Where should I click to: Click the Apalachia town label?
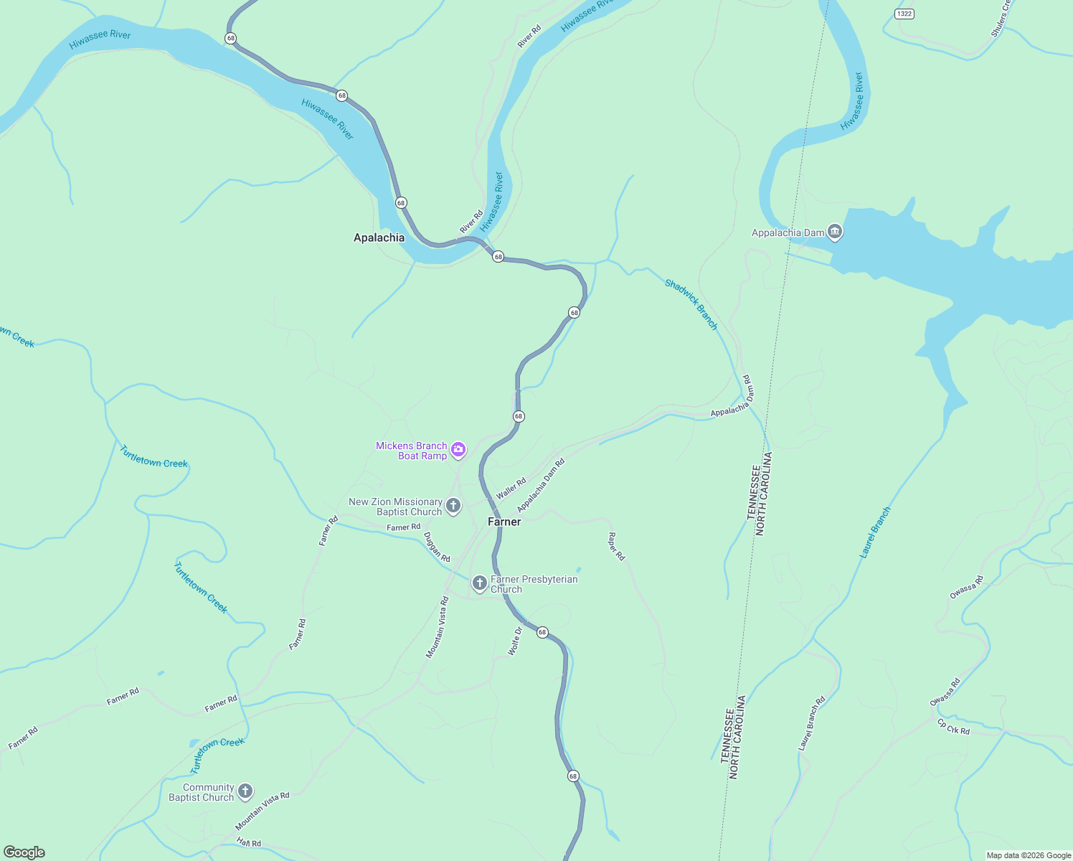point(379,237)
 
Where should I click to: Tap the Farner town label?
point(504,522)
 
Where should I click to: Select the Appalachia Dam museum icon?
point(834,232)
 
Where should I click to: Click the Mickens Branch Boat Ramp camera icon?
point(458,450)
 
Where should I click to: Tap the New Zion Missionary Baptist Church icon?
point(453,506)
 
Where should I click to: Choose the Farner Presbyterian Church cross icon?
point(479,583)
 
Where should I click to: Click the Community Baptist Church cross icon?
point(245,791)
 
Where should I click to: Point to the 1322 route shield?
point(904,14)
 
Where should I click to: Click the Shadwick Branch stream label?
point(691,304)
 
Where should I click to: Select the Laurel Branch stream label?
point(875,532)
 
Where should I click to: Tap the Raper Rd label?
point(616,546)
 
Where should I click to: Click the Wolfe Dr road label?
point(514,641)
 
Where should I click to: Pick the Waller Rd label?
point(511,489)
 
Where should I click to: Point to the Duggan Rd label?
point(436,547)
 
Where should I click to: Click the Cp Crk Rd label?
point(953,727)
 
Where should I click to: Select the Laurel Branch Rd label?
point(811,723)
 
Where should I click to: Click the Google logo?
point(24,852)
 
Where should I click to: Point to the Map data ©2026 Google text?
point(1028,855)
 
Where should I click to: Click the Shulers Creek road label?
point(1000,19)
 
